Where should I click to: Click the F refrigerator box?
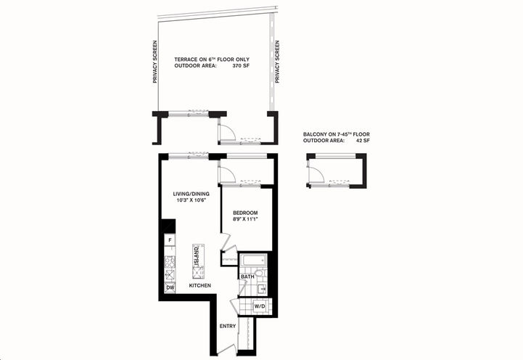170,239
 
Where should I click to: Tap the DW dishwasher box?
170,287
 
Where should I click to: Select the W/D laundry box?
259,306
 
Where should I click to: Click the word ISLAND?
197,255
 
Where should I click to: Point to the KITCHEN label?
200,286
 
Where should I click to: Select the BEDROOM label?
246,213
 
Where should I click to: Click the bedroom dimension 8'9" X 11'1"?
246,220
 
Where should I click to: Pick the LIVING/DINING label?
191,194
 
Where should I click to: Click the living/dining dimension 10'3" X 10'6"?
191,201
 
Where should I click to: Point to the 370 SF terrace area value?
242,66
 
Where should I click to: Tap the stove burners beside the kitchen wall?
170,263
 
